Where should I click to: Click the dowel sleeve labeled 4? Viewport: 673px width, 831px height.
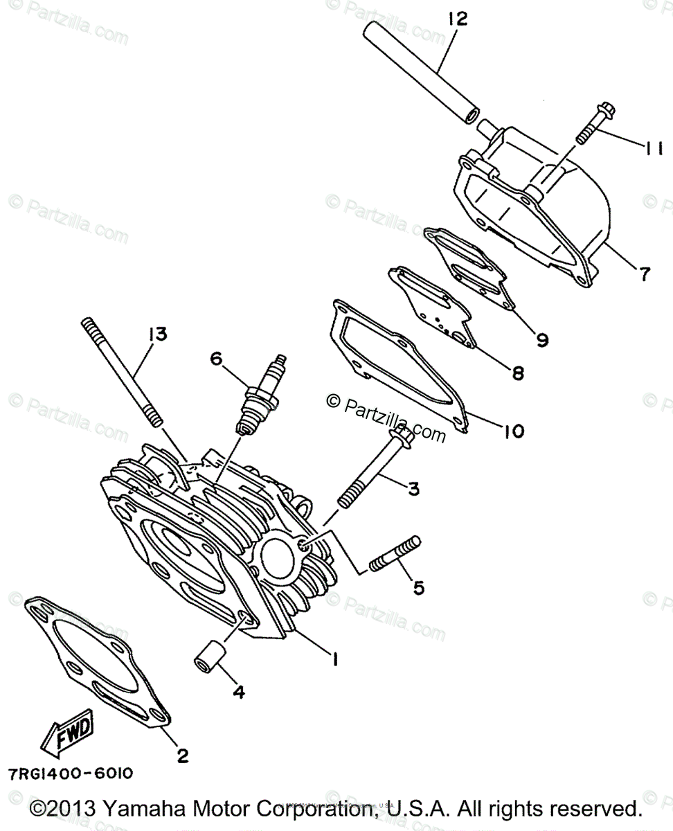coord(210,654)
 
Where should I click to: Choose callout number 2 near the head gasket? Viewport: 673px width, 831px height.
coord(182,756)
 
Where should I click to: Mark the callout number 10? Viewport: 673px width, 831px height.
coord(512,432)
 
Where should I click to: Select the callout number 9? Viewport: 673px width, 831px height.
coord(541,339)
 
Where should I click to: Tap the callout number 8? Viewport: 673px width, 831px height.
coord(517,374)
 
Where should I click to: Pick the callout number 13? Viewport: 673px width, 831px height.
coord(156,334)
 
